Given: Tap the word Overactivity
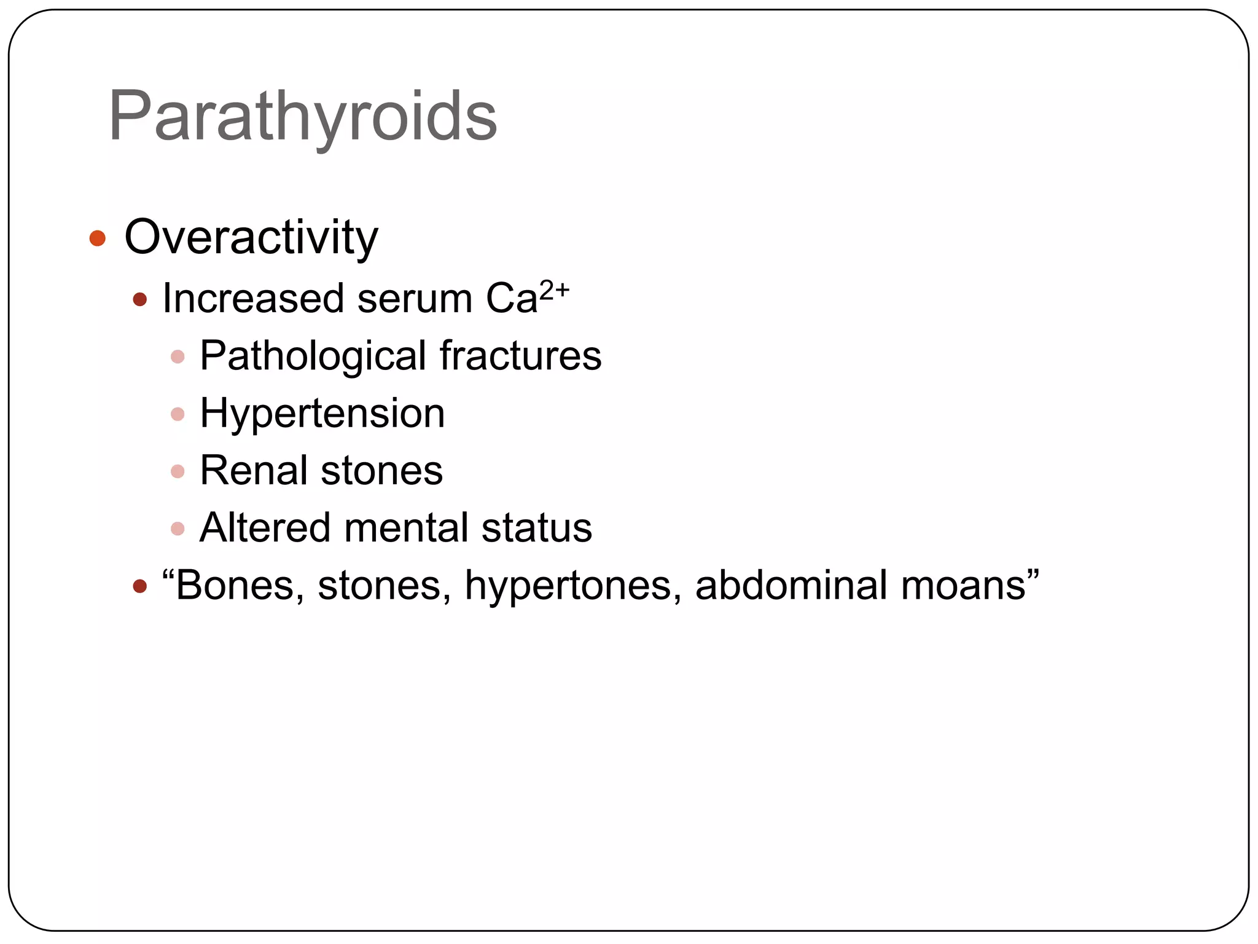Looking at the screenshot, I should coord(251,237).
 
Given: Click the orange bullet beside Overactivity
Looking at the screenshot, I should coord(98,238).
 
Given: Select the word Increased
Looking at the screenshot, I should coord(252,299).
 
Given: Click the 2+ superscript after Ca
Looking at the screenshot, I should coord(554,289).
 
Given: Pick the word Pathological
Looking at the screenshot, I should coord(313,356).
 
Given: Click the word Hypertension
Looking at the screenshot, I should coord(322,414).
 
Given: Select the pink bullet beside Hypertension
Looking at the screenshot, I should coord(178,414).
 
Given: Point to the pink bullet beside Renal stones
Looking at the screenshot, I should coord(178,471).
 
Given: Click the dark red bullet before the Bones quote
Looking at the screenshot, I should coord(140,586).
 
